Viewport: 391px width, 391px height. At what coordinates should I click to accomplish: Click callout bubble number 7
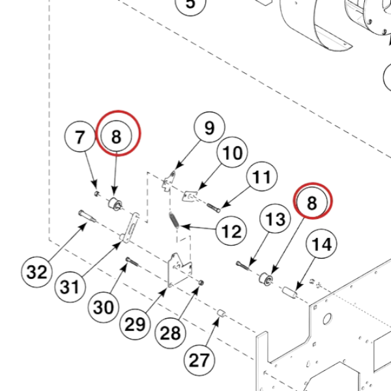(x=80, y=137)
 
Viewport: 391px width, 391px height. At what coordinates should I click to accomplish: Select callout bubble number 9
(x=209, y=127)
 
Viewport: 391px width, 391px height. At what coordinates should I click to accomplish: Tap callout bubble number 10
(x=232, y=152)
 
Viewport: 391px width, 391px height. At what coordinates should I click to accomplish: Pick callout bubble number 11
(x=261, y=176)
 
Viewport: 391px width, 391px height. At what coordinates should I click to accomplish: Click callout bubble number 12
(x=231, y=231)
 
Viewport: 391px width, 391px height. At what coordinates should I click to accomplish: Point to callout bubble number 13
(x=275, y=219)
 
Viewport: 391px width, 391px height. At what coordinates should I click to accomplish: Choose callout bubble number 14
(x=321, y=244)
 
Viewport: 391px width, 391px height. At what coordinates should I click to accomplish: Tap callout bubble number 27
(x=199, y=360)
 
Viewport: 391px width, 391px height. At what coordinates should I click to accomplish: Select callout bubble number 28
(x=170, y=333)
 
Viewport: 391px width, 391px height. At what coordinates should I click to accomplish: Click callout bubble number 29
(x=135, y=325)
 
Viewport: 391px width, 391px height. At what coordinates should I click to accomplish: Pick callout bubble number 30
(x=103, y=307)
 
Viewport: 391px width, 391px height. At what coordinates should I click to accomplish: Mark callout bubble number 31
(x=70, y=287)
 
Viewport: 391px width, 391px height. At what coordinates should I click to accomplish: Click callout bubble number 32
(x=36, y=272)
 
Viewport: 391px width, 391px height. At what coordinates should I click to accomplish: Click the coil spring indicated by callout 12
(x=174, y=220)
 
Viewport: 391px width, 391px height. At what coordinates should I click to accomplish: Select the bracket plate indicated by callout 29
(x=180, y=270)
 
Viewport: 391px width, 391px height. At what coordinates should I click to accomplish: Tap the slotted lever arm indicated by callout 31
(x=130, y=227)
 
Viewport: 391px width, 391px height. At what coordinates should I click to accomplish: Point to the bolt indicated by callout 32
(x=87, y=216)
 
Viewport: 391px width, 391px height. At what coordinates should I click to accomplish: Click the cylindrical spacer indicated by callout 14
(x=290, y=292)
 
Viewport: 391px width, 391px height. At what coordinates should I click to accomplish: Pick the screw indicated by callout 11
(x=214, y=208)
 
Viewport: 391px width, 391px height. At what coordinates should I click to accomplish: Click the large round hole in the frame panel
(x=327, y=319)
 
